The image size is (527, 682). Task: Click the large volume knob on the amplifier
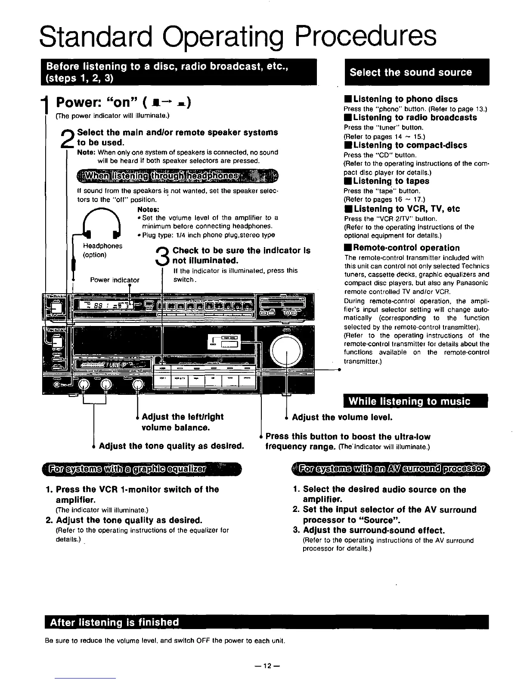click(286, 349)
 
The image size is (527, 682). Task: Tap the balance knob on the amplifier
click(138, 384)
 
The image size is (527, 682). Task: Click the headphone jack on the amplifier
click(57, 384)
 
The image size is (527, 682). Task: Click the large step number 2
click(70, 138)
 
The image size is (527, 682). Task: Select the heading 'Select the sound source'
click(411, 72)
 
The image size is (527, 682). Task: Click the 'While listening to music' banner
click(409, 402)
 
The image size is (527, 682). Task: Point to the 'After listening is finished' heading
click(114, 622)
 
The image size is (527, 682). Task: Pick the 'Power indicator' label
click(115, 280)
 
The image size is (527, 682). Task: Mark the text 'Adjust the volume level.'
click(342, 417)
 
